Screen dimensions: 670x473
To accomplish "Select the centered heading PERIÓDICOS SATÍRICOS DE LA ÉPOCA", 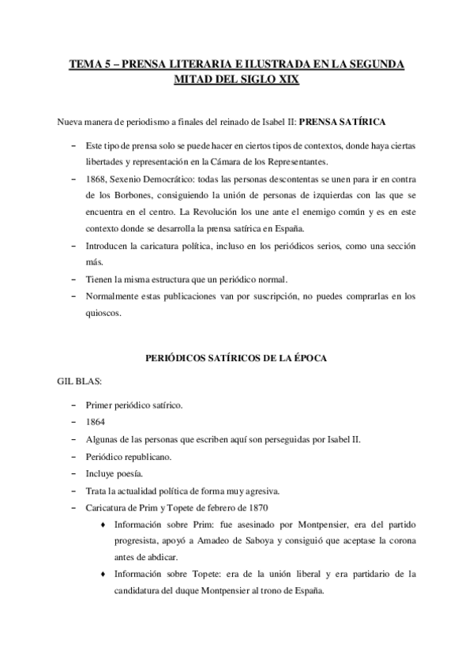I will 236,358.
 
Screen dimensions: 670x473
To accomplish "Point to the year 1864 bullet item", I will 96,421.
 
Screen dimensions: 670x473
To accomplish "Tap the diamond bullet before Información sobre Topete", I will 104,574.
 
